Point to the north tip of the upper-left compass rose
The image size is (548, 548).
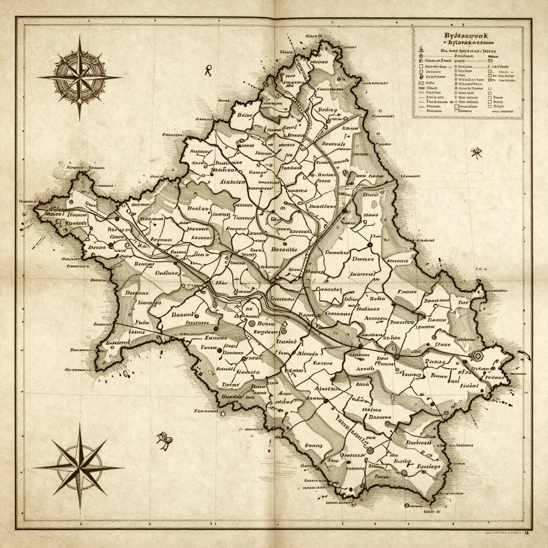click(80, 36)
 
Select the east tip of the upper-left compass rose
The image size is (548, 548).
click(121, 77)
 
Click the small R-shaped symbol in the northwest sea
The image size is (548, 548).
click(208, 68)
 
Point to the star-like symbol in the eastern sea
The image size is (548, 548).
click(475, 153)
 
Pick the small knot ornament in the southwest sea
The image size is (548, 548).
click(164, 440)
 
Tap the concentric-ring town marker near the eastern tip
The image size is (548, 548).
click(474, 356)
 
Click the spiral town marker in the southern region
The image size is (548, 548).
click(369, 451)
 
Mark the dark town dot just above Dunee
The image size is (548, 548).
click(369, 245)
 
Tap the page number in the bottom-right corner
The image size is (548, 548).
click(526, 533)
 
